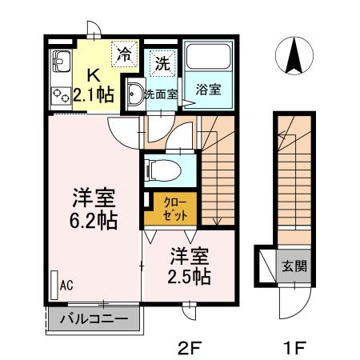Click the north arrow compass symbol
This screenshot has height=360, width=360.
pos(294,56)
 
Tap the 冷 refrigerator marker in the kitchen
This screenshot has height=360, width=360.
pos(125,54)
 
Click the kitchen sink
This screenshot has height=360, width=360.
pos(60,60)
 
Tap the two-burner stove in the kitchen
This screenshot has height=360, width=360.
pos(61,94)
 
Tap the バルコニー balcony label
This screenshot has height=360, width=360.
pos(93,320)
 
